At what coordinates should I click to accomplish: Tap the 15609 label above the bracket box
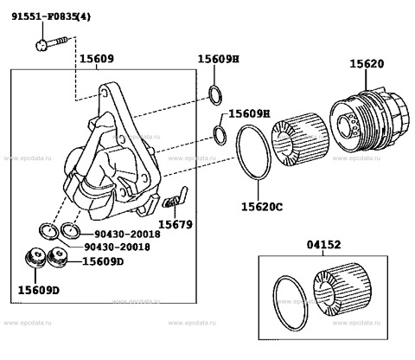point(96,60)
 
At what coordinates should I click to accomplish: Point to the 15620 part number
point(367,65)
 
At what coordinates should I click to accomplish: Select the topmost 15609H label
point(218,59)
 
